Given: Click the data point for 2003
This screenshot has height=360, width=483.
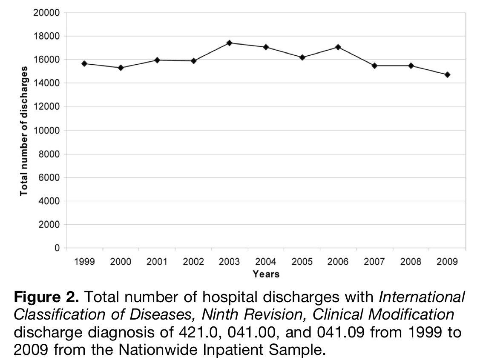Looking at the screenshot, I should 229,43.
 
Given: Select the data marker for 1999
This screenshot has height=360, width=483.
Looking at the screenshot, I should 84,63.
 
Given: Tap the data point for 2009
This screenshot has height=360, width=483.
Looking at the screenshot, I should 447,75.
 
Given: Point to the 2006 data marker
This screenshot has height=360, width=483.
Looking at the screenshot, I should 338,47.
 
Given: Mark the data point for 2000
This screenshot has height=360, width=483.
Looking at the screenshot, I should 121,68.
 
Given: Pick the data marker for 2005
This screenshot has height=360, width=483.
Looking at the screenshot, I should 302,57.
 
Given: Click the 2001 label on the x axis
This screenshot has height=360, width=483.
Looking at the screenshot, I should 157,262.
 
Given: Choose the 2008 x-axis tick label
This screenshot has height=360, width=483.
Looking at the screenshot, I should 411,262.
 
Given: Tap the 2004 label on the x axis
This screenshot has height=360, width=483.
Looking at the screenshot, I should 266,262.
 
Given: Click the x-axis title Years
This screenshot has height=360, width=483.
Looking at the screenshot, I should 266,274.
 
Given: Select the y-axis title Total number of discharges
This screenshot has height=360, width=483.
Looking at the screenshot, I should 24,131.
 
